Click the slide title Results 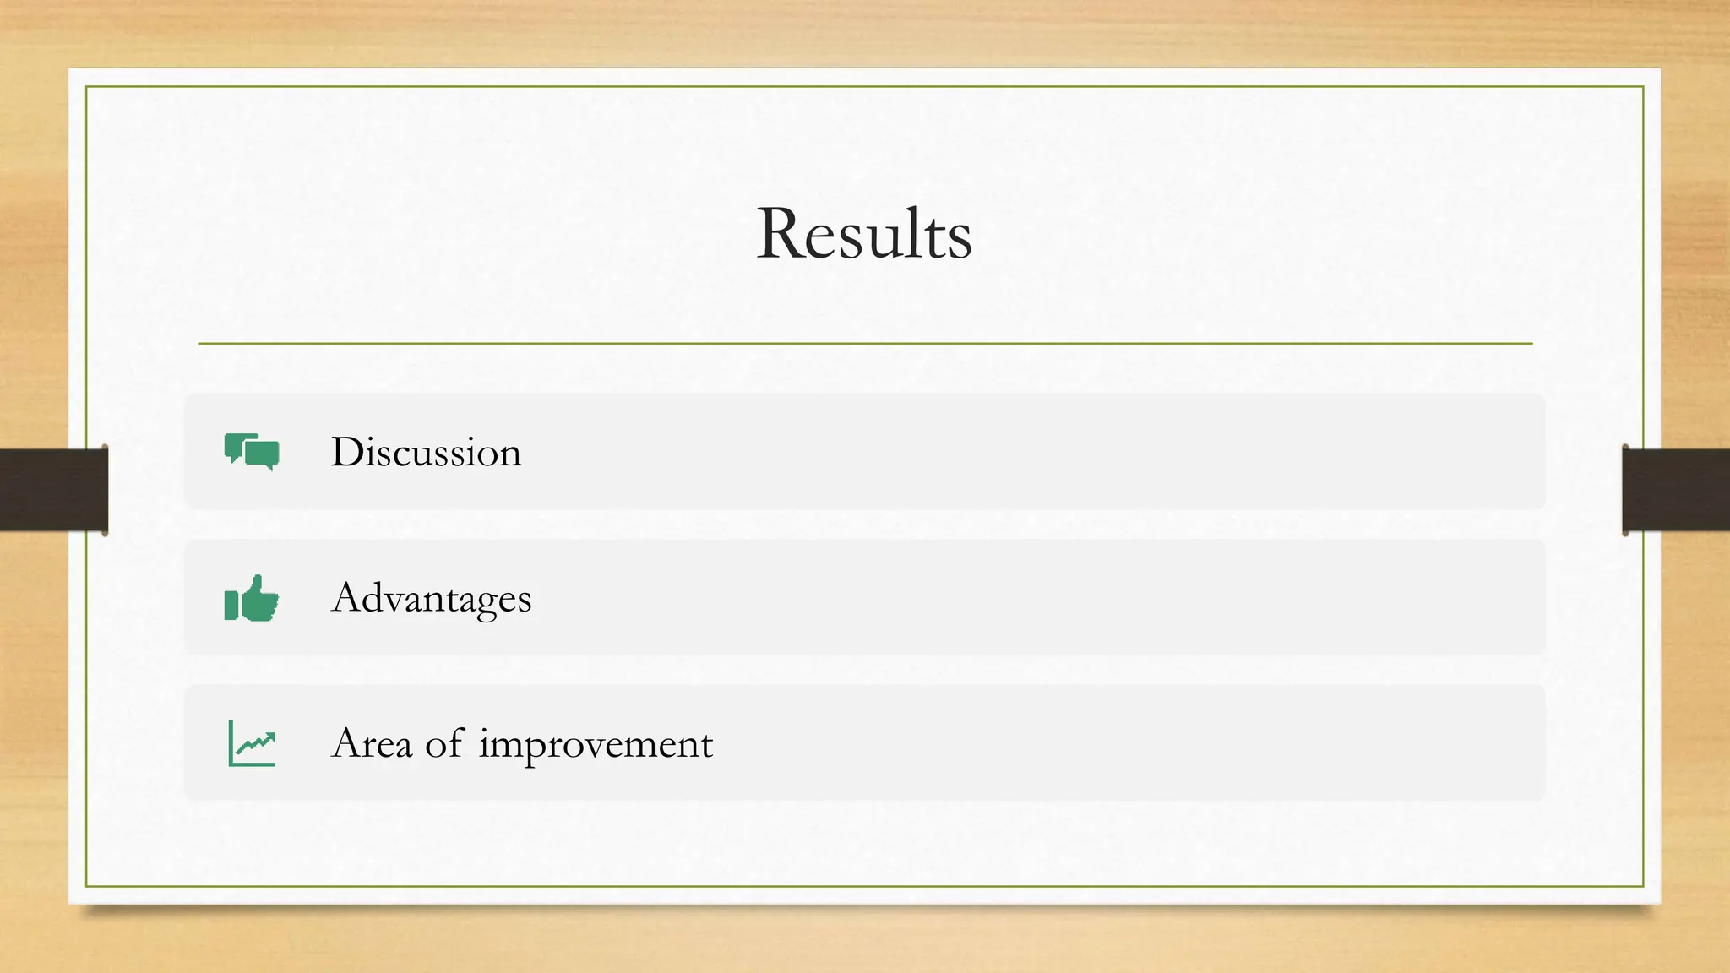864,234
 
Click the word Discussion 426,452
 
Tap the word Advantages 431,598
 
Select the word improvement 596,744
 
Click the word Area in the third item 372,744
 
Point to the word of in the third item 444,744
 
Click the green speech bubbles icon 252,452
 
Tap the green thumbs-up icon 252,598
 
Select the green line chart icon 252,744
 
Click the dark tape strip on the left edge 53,490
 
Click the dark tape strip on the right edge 1676,490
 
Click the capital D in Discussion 348,452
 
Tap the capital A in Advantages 348,598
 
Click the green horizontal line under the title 864,344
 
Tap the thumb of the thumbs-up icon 257,585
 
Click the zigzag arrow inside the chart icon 256,743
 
